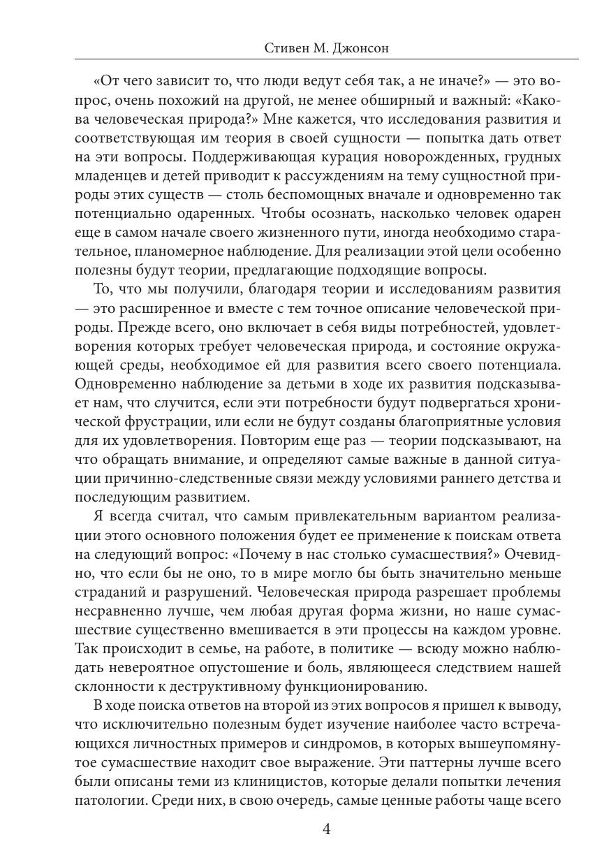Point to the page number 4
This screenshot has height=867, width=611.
327,829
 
